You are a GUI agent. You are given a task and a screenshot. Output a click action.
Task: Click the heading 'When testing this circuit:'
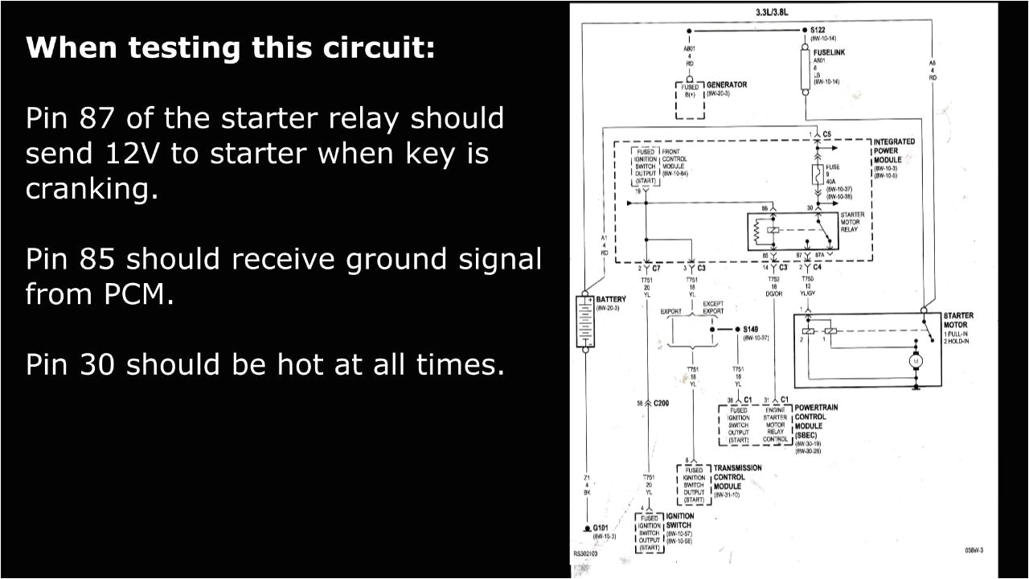tap(230, 48)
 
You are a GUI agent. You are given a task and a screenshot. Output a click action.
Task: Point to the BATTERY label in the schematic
tap(611, 299)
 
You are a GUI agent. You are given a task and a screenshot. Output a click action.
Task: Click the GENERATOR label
tap(726, 84)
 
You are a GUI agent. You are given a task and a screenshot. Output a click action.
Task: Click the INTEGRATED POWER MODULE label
tap(893, 150)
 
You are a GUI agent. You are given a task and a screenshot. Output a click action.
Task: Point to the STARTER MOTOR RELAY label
tap(851, 222)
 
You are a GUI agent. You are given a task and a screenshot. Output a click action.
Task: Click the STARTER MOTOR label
tap(957, 320)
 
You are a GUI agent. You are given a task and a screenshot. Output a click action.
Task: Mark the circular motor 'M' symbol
tap(914, 362)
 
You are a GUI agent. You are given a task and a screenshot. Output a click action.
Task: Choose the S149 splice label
tap(750, 329)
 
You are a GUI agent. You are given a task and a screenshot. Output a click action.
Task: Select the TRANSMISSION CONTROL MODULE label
tap(736, 477)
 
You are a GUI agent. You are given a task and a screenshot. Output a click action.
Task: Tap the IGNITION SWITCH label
tap(679, 520)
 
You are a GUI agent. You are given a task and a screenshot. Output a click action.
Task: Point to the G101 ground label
tap(601, 528)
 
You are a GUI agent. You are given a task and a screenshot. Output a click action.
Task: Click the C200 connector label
tap(662, 403)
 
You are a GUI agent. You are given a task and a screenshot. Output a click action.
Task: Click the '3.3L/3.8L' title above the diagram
tap(773, 12)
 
